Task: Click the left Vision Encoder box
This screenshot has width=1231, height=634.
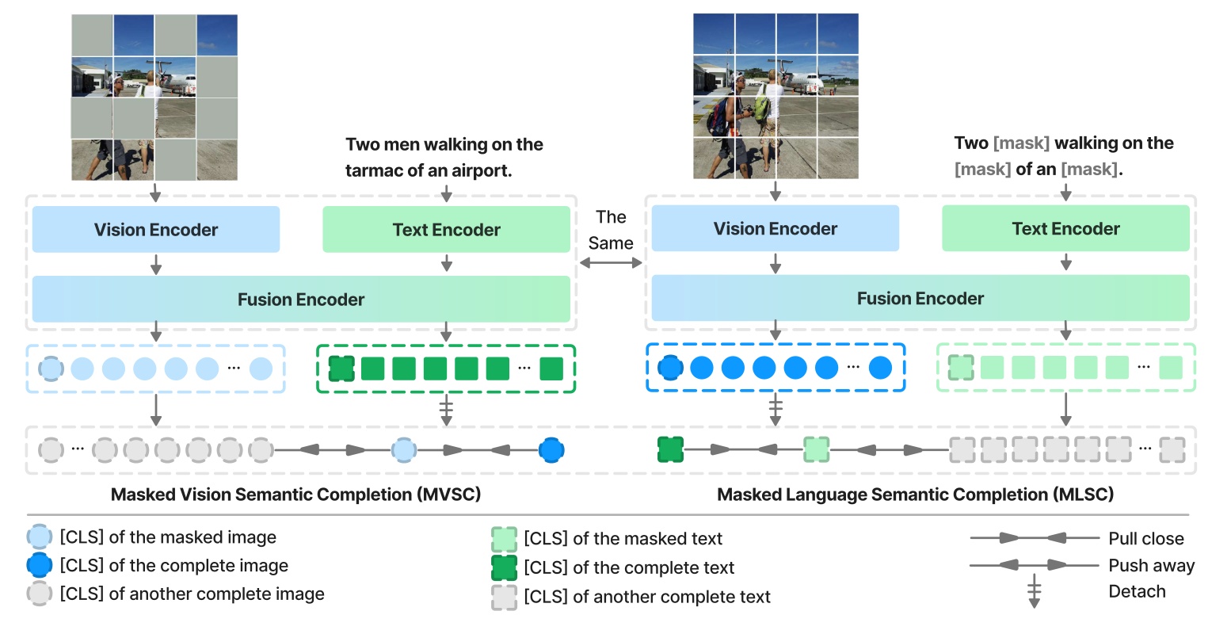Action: [x=156, y=230]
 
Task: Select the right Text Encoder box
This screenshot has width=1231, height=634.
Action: [x=1065, y=229]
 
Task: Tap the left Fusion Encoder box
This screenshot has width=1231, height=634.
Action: [x=301, y=300]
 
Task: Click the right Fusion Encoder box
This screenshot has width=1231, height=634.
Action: [x=920, y=299]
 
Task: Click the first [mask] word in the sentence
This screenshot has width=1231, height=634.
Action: [x=1021, y=143]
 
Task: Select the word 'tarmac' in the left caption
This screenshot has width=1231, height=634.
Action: [x=373, y=170]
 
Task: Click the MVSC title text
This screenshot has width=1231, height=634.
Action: [x=295, y=495]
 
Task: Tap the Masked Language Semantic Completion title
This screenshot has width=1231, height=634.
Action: [x=915, y=495]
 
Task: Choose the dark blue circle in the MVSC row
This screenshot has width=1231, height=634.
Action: [x=551, y=450]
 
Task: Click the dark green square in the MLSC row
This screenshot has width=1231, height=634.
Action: [x=670, y=449]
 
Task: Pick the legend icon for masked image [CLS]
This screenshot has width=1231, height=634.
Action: [x=40, y=537]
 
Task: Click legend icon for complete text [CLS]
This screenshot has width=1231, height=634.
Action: [x=504, y=568]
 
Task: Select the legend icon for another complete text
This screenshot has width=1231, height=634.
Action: [x=504, y=597]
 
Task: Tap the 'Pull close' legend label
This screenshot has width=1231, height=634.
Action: [x=1145, y=539]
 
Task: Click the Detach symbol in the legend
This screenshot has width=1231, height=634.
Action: [x=1034, y=593]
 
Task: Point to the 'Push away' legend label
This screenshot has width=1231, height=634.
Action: [x=1151, y=566]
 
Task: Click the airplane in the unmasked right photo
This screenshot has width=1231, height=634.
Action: [x=824, y=80]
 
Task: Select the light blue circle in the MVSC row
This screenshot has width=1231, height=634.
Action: [x=404, y=450]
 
